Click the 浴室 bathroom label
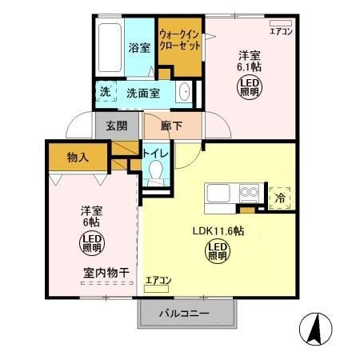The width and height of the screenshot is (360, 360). (x=139, y=47)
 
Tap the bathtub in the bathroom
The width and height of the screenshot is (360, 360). (x=108, y=47)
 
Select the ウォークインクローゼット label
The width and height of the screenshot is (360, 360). (x=180, y=40)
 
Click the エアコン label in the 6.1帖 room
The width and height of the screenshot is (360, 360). (x=281, y=32)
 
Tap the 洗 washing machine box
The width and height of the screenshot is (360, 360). (x=105, y=91)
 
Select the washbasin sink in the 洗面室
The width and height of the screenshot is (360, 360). (x=184, y=91)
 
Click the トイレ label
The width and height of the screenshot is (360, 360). (x=155, y=152)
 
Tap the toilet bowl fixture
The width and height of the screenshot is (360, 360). (x=155, y=171)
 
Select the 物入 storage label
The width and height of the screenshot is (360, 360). (x=78, y=157)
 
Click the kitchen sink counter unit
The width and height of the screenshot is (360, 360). (x=233, y=194)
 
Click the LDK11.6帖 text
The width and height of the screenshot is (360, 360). (x=218, y=231)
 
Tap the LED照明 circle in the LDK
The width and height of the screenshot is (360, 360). (x=217, y=252)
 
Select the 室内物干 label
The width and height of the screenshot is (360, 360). (x=106, y=273)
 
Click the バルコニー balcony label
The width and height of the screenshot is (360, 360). (x=184, y=313)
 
